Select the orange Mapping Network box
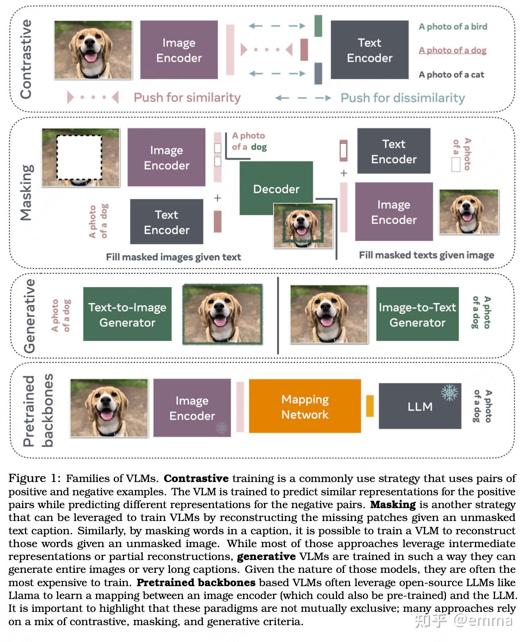pos(305,406)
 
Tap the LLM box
pos(420,406)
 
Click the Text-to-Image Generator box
pos(127,314)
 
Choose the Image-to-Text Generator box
pos(417,314)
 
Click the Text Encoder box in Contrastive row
pos(369,50)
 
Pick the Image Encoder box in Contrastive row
pos(179,50)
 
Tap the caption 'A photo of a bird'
pos(452,27)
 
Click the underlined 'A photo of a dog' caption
pos(452,50)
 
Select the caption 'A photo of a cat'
pos(451,74)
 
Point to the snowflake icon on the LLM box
pos(449,393)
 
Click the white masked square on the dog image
pos(79,157)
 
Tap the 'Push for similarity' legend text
pos(187,97)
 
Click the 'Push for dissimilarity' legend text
pos(402,98)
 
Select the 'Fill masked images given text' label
pos(173,257)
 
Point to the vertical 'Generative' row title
pos(29,316)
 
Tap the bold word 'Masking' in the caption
pos(393,505)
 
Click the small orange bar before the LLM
pos(370,406)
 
